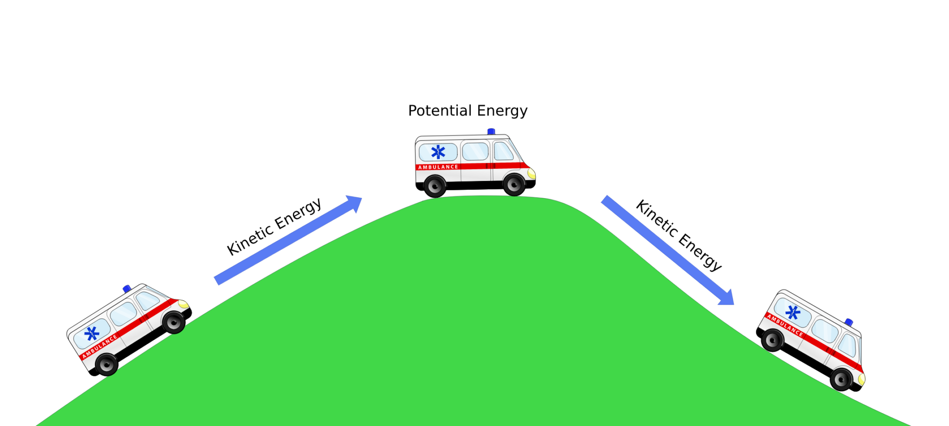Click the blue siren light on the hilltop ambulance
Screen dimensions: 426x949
[x=491, y=132]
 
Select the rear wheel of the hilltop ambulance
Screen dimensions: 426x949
[x=435, y=186]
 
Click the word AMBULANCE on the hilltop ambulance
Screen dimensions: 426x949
[x=438, y=167]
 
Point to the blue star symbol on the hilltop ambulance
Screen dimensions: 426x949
[x=438, y=152]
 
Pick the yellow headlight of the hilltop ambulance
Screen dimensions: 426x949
[x=531, y=174]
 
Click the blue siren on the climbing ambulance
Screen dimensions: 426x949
[x=127, y=289]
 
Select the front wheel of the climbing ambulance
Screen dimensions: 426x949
[x=174, y=322]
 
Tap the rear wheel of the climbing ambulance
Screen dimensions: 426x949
[x=107, y=364]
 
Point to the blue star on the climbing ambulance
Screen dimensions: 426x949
[x=92, y=333]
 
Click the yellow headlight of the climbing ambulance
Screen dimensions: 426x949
[x=183, y=304]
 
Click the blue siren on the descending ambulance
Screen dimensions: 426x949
[x=849, y=322]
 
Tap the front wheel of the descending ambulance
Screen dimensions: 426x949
[x=841, y=379]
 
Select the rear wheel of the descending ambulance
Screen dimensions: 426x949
[x=773, y=340]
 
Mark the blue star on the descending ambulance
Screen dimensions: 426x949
[x=793, y=312]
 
